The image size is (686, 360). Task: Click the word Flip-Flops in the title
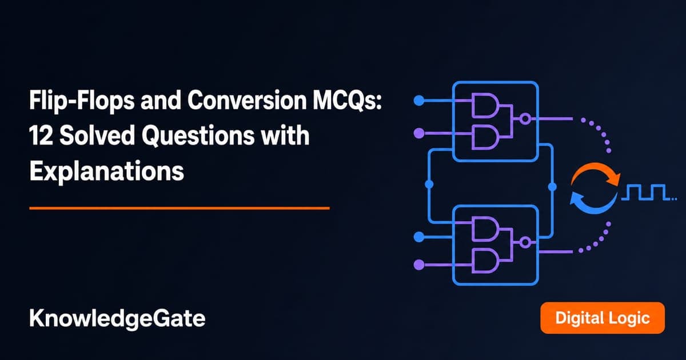82,101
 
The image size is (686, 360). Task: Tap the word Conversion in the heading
247,100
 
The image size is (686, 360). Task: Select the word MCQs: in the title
348,101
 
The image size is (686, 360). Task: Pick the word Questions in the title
198,135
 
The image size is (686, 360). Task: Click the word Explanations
106,171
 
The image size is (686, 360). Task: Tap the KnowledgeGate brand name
117,319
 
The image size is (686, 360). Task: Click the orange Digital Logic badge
603,318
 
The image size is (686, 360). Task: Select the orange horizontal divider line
180,208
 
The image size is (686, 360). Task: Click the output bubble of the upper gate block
525,118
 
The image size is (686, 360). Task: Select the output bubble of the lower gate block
525,243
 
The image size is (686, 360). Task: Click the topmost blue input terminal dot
419,101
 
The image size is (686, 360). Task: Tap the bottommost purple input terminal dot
419,265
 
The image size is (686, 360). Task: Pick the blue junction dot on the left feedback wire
429,184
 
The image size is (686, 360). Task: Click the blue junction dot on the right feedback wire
552,186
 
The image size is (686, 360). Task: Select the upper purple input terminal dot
419,133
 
